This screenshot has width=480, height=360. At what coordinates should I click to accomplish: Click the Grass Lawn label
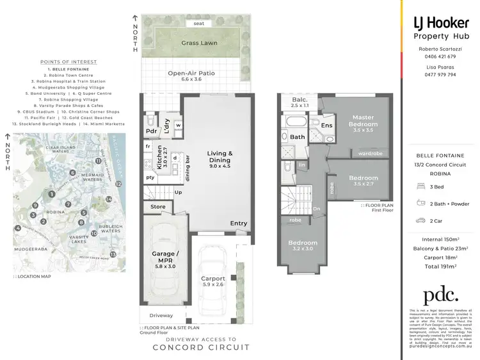tap(199, 43)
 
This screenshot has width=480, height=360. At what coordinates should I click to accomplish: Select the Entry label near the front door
tap(239, 224)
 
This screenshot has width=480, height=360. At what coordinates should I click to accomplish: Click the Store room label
tap(157, 207)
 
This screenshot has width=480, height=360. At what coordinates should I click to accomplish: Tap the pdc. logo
tap(441, 295)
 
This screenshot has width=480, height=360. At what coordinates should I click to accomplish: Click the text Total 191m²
tap(440, 265)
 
